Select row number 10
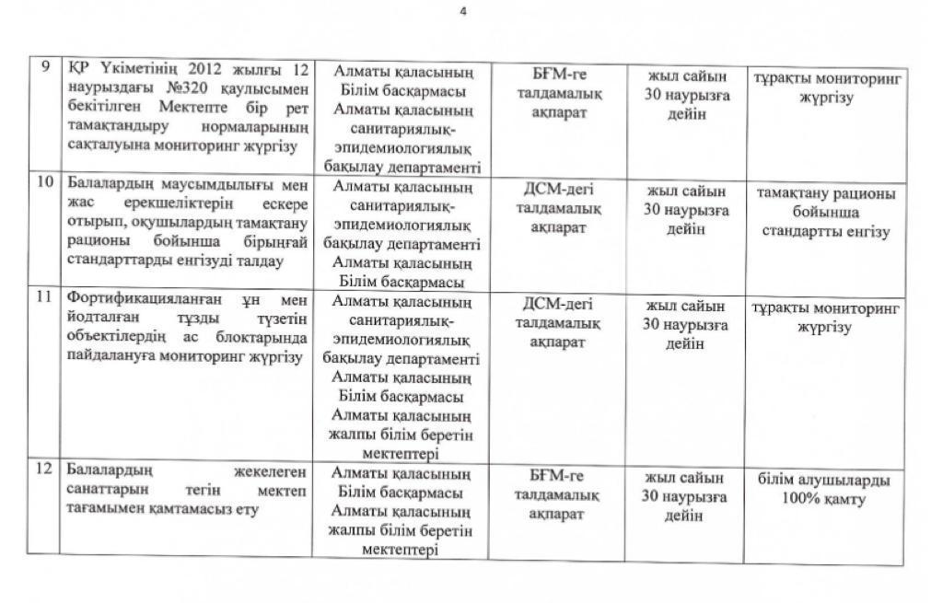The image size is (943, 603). (44, 181)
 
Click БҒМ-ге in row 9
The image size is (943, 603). (559, 75)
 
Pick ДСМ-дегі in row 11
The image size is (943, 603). (559, 304)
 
